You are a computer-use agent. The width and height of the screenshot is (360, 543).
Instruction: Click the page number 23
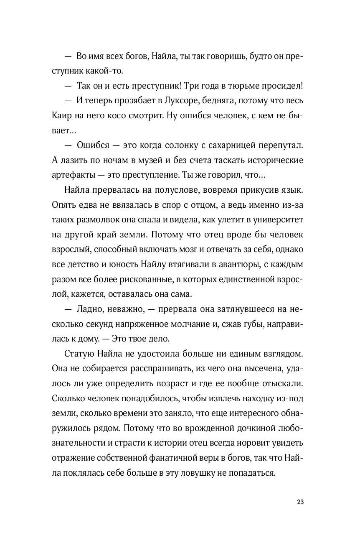point(300,502)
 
